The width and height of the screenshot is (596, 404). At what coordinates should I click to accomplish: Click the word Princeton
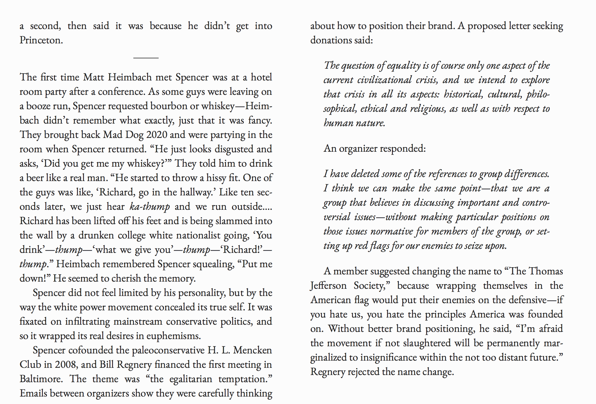[x=41, y=40]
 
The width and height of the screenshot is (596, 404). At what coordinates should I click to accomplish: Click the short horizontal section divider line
[x=146, y=58]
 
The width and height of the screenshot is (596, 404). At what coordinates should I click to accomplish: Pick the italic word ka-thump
[x=149, y=207]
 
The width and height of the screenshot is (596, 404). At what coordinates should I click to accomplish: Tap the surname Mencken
[x=252, y=350]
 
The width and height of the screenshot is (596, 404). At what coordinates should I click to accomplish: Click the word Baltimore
[x=41, y=379]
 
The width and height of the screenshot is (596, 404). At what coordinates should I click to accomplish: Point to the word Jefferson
[x=328, y=286]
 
